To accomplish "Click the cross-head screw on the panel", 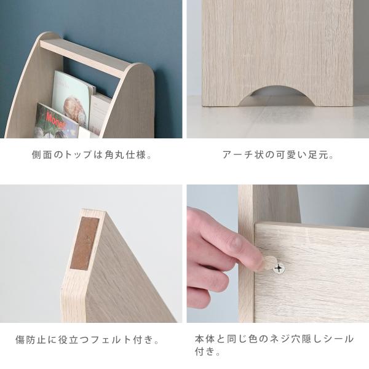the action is coord(279,268).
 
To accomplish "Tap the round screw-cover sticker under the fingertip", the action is coord(269,263).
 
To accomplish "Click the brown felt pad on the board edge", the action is coord(84,243).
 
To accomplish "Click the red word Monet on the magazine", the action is coord(55,121).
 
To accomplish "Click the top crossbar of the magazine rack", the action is coord(83,58).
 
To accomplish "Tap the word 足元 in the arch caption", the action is coord(318,154).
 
